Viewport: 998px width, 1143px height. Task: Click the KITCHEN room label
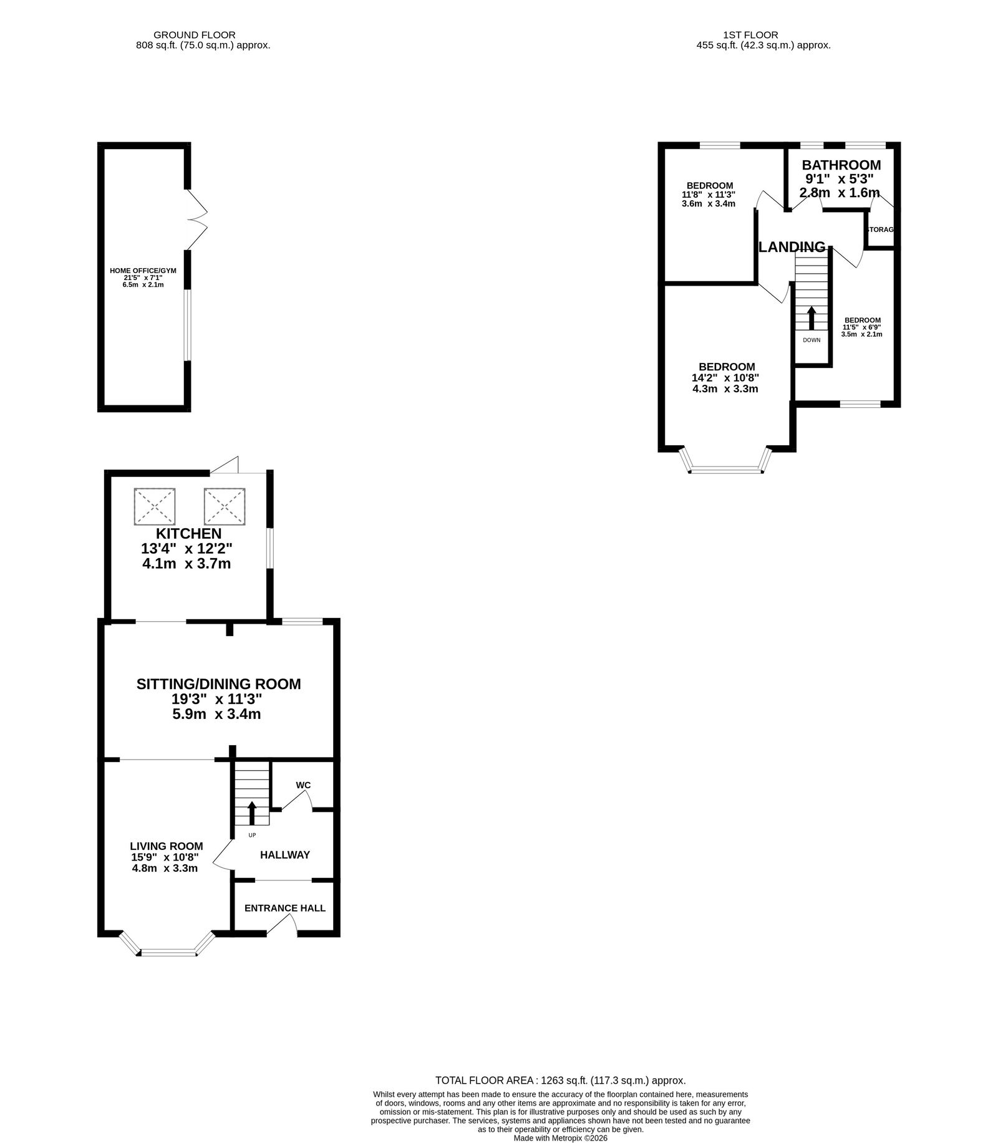[188, 534]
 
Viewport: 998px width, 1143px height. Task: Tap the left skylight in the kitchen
[155, 506]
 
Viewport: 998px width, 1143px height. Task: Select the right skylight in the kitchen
[225, 506]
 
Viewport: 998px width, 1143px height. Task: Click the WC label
[303, 785]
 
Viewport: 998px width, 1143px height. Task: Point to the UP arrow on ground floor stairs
[252, 813]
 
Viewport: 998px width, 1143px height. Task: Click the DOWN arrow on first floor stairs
[811, 318]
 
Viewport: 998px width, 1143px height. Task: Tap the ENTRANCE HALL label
[285, 908]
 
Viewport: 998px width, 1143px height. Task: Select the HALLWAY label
[285, 855]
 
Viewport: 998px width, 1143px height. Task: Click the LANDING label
[792, 247]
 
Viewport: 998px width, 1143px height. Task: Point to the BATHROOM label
[841, 165]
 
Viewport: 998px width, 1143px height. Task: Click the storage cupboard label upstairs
[881, 229]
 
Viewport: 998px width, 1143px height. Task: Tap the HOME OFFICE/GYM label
[143, 271]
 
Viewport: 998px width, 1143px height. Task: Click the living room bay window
[167, 944]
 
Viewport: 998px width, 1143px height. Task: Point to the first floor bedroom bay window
[726, 461]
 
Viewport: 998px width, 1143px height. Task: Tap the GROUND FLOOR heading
[195, 35]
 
